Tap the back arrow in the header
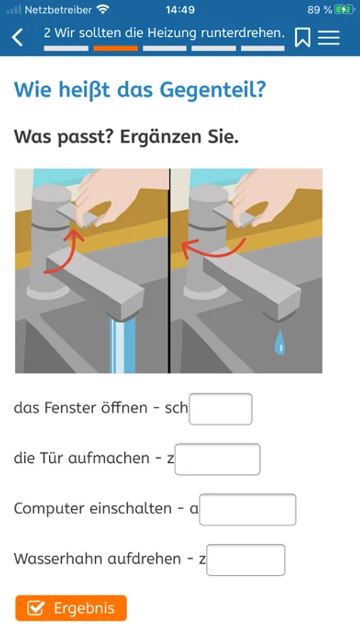pos(18,38)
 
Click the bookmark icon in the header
pos(302,38)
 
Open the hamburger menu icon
pos(329,38)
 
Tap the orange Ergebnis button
pos(71,608)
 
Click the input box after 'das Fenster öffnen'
pos(221,409)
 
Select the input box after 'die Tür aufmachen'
pos(217,459)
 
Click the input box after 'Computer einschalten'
pos(248,509)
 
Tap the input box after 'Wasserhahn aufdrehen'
pos(246,560)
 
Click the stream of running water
pos(123,345)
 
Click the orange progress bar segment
pos(115,48)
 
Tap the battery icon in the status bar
pos(344,10)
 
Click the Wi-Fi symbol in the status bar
pos(103,10)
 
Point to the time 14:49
pos(180,10)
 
